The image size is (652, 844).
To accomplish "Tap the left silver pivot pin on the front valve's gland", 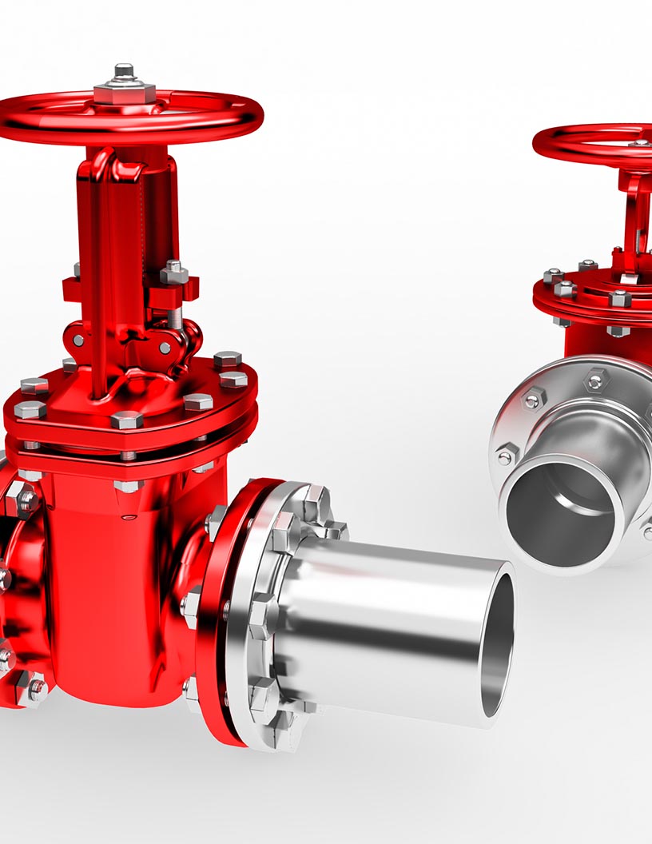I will pos(79,340).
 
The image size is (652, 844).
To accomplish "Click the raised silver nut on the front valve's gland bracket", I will pos(173,273).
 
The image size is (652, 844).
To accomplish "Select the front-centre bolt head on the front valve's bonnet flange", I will pos(126,419).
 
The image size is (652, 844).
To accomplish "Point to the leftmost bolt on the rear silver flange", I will pos(505,456).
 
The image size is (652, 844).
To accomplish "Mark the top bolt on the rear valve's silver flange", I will pos(595,379).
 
